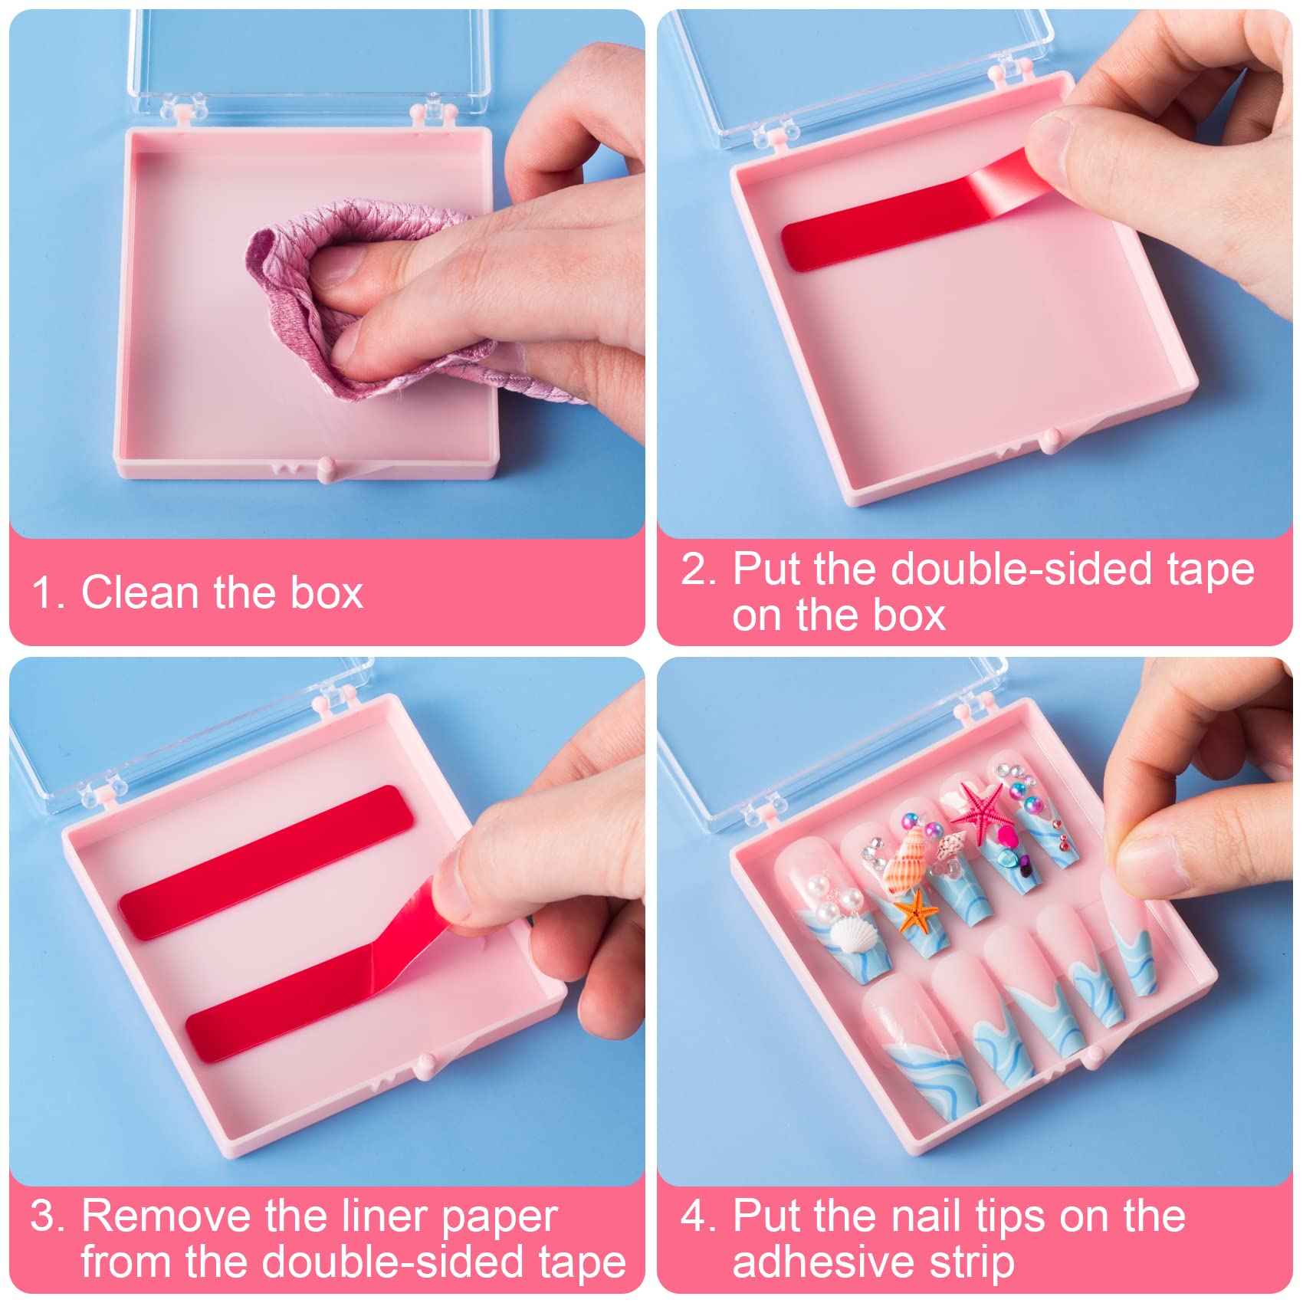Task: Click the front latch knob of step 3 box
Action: [422, 1064]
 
